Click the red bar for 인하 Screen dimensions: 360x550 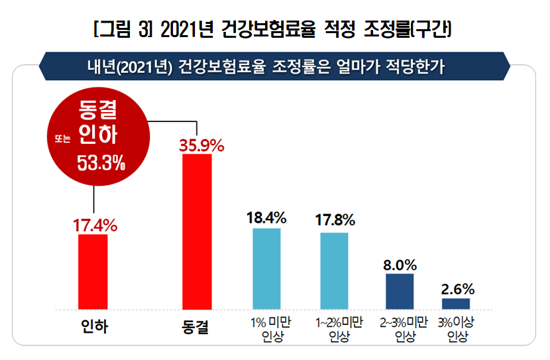[93, 271]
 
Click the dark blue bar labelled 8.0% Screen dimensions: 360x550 [400, 291]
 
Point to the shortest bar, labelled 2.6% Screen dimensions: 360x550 [456, 303]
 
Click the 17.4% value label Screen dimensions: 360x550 [95, 225]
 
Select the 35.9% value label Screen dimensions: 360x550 [201, 145]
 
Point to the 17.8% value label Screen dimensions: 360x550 [335, 220]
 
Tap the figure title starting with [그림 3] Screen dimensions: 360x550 [274, 30]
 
